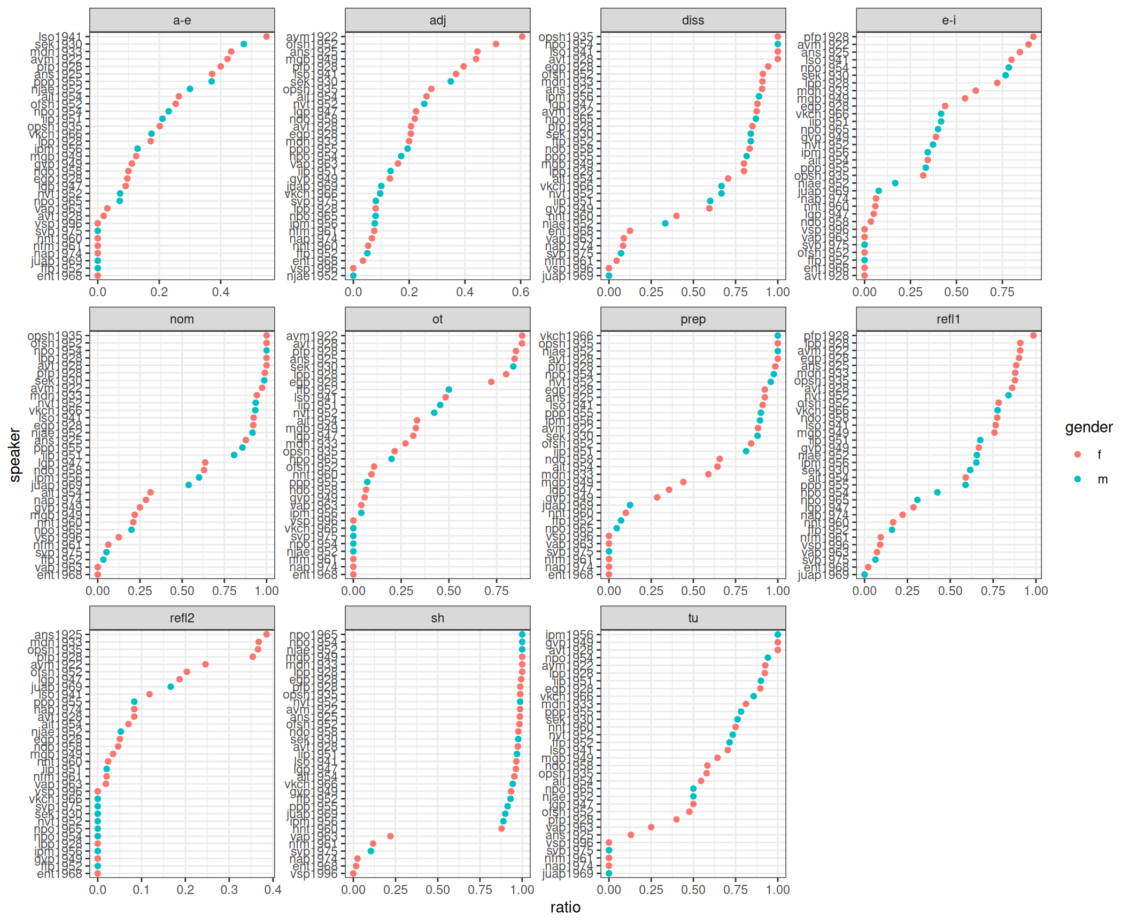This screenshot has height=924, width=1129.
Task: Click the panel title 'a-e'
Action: pyautogui.click(x=182, y=20)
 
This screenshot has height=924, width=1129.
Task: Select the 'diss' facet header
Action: pyautogui.click(x=693, y=20)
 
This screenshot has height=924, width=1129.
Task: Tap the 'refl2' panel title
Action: pyautogui.click(x=182, y=618)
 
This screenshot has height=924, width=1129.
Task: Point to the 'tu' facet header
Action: pyautogui.click(x=693, y=618)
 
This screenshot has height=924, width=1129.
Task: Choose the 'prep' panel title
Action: pyautogui.click(x=693, y=319)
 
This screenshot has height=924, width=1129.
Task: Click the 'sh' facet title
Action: pyautogui.click(x=437, y=618)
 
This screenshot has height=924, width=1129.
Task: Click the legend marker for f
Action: pyautogui.click(x=1077, y=455)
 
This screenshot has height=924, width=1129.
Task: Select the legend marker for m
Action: pyautogui.click(x=1077, y=479)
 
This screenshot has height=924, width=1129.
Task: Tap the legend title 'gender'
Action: pyautogui.click(x=1088, y=427)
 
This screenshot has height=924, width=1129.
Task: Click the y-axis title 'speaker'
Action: pyautogui.click(x=15, y=455)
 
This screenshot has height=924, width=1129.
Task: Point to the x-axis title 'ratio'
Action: pyautogui.click(x=565, y=907)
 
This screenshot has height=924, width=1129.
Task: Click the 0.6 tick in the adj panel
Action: pyautogui.click(x=521, y=292)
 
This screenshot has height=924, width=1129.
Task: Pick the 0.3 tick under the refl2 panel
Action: pyautogui.click(x=229, y=890)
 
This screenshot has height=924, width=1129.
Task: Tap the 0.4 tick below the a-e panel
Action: pyautogui.click(x=220, y=292)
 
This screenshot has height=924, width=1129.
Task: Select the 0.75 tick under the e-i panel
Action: pyautogui.click(x=1002, y=292)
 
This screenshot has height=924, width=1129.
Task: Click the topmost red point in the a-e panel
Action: pyautogui.click(x=266, y=36)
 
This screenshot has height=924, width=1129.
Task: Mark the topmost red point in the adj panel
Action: pyautogui.click(x=522, y=36)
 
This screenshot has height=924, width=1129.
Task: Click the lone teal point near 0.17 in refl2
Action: pyautogui.click(x=171, y=687)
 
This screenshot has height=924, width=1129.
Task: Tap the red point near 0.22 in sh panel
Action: pyautogui.click(x=390, y=836)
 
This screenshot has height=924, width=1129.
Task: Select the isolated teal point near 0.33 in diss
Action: pyautogui.click(x=665, y=224)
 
